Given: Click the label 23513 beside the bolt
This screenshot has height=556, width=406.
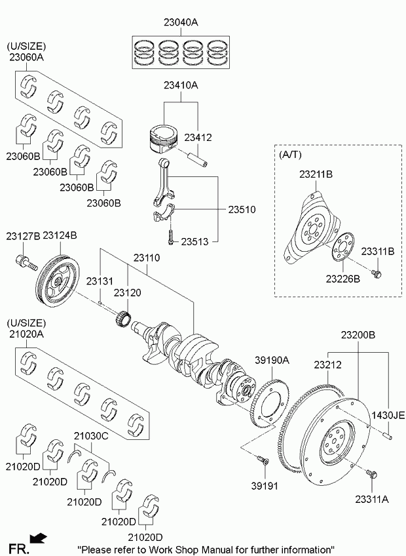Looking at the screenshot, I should click(194, 242).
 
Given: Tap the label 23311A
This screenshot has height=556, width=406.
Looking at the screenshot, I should click(371, 498).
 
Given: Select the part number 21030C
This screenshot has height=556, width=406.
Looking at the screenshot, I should click(89, 435).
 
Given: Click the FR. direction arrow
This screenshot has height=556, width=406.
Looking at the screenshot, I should click(39, 538).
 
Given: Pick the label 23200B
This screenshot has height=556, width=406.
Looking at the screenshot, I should click(358, 335).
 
